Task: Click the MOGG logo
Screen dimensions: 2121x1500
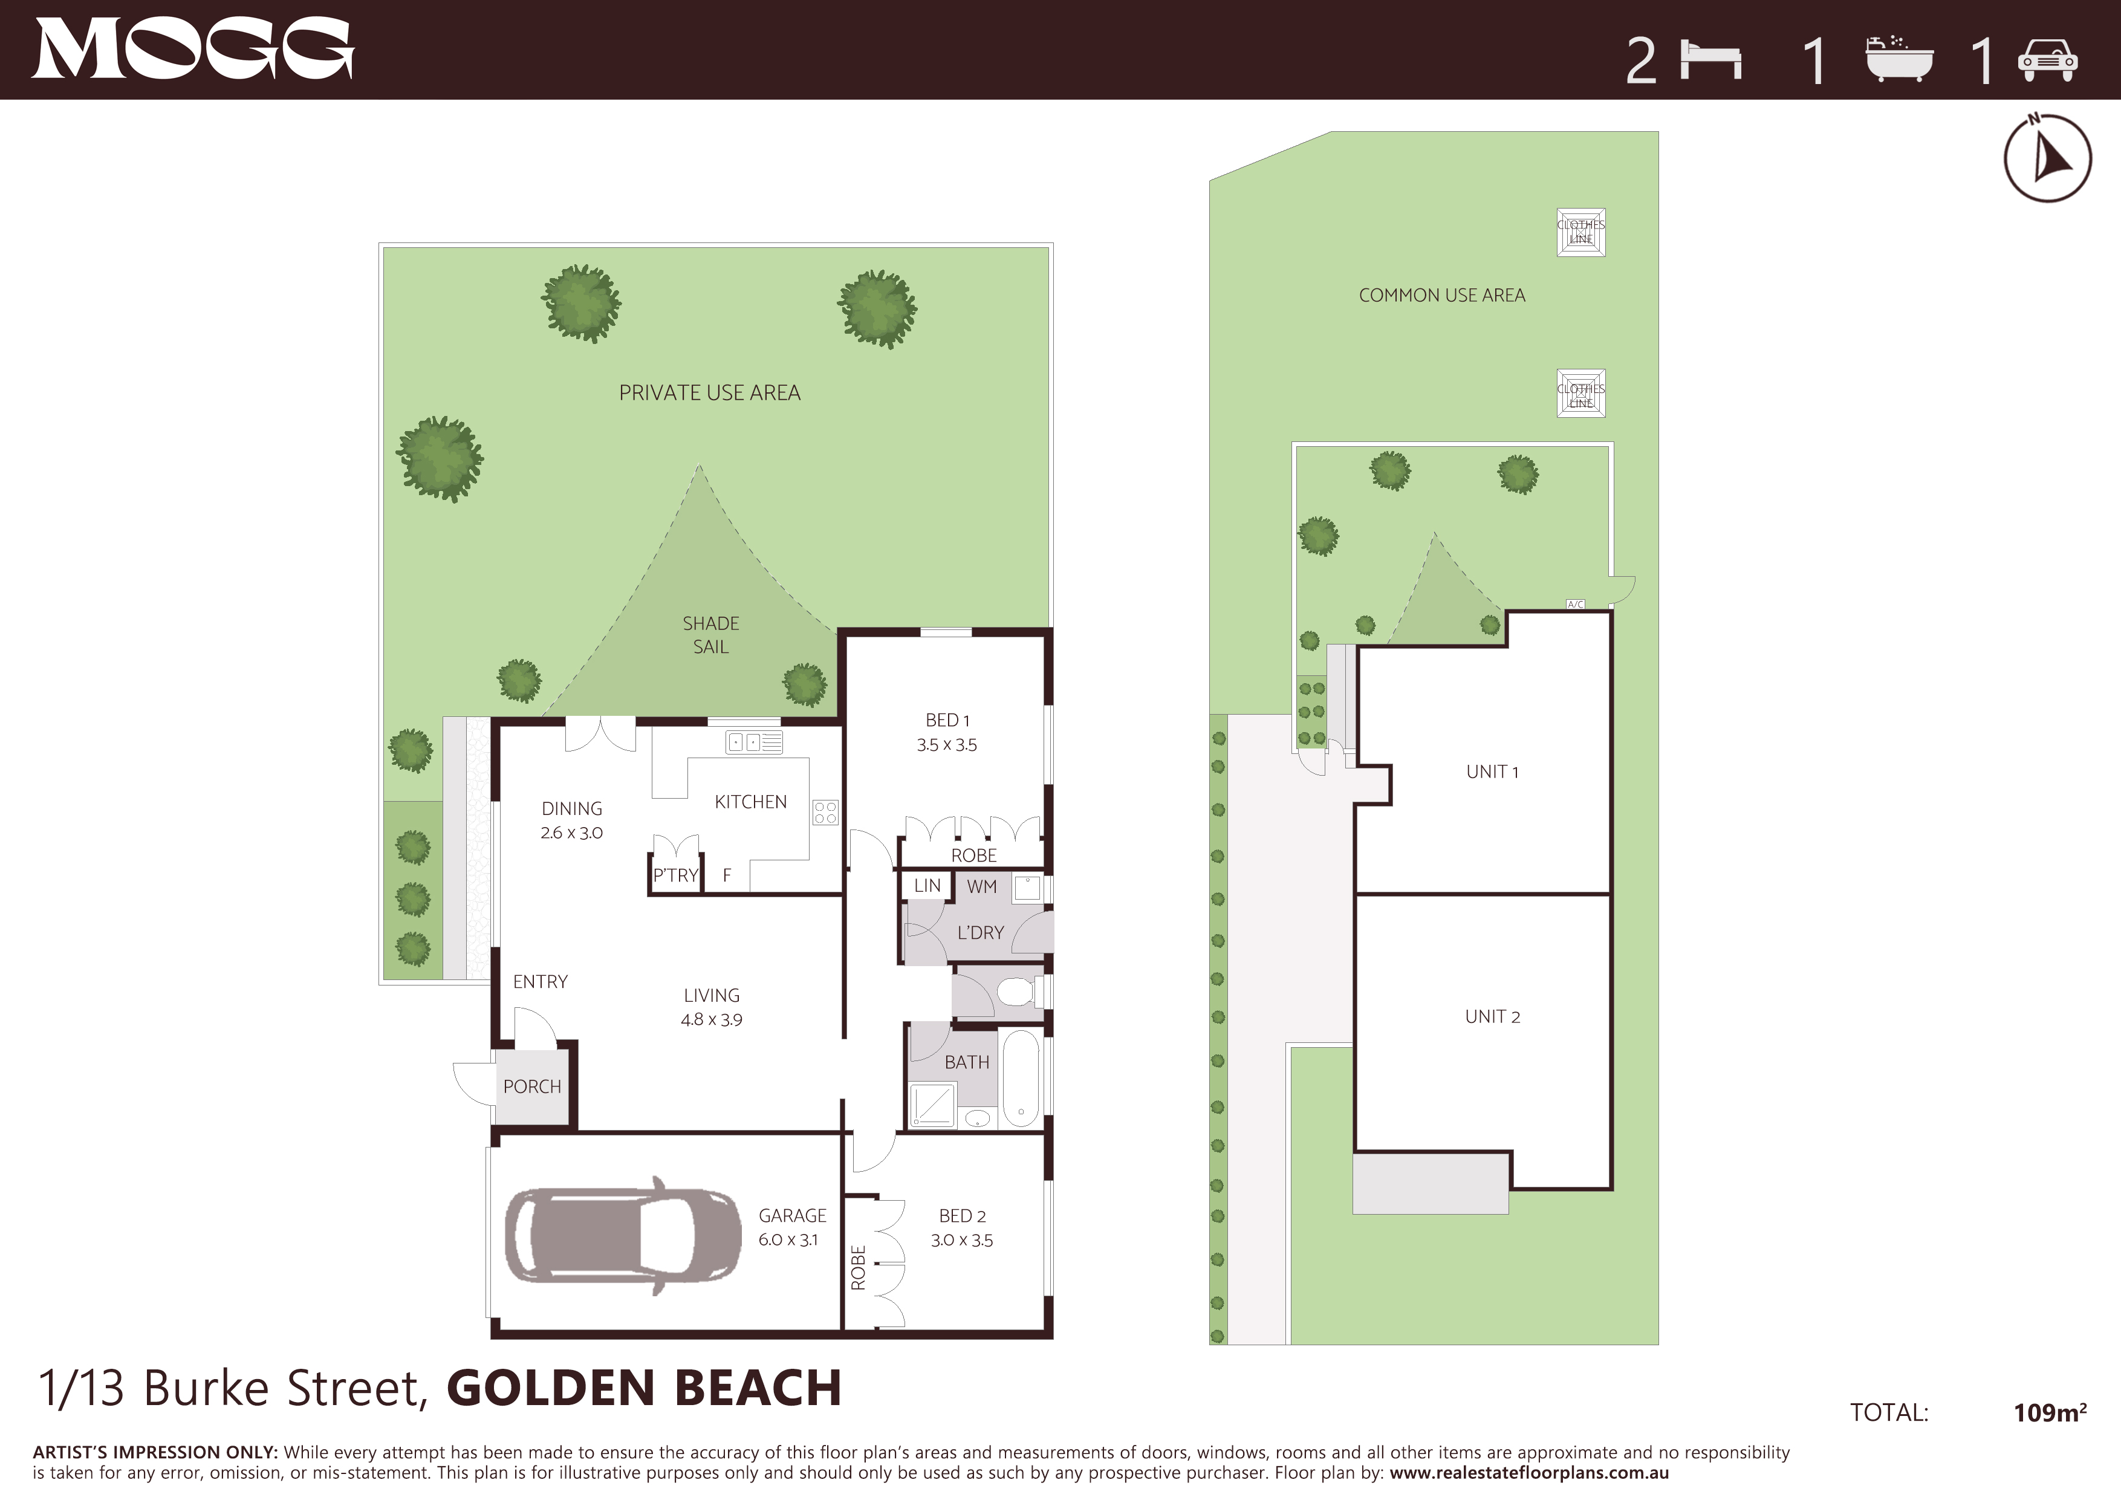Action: click(193, 49)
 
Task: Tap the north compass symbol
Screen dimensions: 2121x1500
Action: click(2047, 158)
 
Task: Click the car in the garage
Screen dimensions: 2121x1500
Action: click(623, 1235)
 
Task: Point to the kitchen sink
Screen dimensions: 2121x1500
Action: click(755, 742)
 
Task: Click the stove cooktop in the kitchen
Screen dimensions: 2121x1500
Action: click(825, 813)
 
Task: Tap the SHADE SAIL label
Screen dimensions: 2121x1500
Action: click(710, 635)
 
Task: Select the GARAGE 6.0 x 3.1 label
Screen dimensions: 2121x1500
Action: click(791, 1227)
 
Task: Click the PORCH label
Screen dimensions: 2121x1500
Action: click(532, 1086)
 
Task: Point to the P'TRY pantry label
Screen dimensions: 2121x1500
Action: click(675, 875)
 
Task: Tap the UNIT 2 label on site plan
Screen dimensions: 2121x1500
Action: click(1492, 1016)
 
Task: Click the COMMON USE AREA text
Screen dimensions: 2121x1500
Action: click(1442, 294)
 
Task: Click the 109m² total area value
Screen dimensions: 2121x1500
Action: click(2050, 1412)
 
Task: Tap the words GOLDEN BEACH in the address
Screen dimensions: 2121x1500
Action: click(644, 1388)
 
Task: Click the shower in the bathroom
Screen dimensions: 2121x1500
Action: click(933, 1105)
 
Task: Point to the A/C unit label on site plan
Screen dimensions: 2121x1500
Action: click(1575, 604)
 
